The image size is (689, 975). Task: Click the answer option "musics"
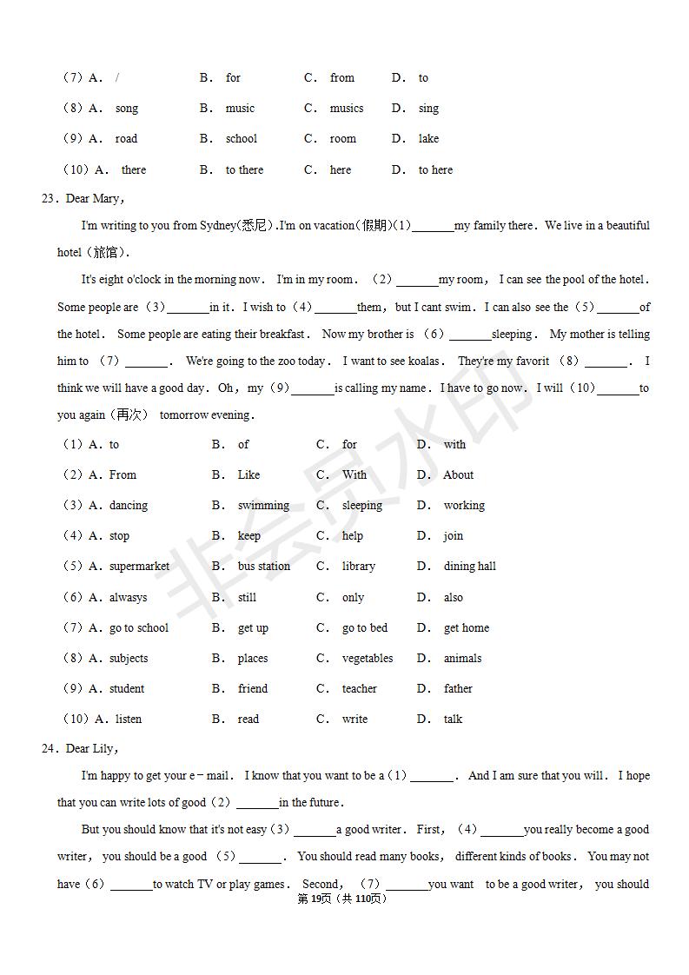point(346,109)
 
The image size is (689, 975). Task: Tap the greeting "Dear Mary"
point(94,199)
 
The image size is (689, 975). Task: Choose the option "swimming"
point(263,506)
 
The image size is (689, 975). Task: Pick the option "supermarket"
point(139,567)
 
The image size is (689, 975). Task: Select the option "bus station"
point(264,567)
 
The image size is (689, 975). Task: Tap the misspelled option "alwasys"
point(129,598)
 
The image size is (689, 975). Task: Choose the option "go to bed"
point(365,628)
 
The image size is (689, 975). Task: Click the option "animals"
point(462,659)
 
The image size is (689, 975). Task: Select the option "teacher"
point(359,689)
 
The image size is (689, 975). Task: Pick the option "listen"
point(129,720)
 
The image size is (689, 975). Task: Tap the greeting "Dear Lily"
point(90,749)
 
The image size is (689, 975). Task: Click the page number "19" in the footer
point(315,899)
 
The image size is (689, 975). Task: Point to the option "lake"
point(428,139)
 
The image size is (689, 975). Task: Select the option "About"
point(458,475)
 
